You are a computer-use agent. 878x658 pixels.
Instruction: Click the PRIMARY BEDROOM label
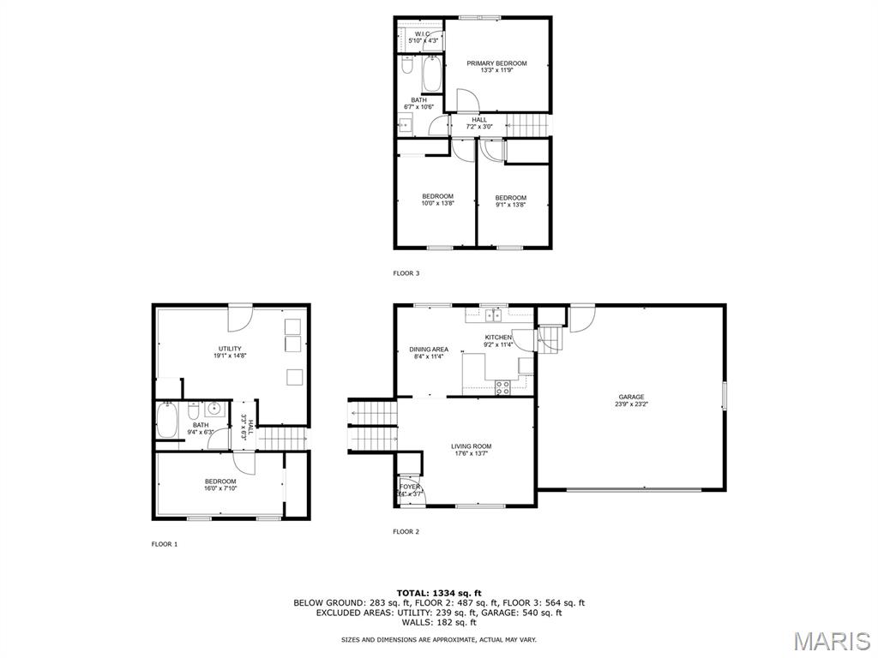tap(496, 63)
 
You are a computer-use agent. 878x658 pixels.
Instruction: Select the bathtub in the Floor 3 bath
tap(431, 75)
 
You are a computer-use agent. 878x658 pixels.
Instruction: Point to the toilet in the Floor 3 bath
tap(408, 67)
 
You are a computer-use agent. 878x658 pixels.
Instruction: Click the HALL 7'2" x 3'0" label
tap(479, 123)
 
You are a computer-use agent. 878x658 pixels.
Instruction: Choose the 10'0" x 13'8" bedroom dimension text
tap(437, 204)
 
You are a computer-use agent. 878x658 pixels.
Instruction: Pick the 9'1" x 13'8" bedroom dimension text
tap(510, 205)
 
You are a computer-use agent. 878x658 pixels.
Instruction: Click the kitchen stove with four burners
tap(503, 387)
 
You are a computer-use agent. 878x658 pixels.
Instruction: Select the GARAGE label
tap(631, 397)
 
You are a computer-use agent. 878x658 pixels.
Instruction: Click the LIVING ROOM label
tap(472, 446)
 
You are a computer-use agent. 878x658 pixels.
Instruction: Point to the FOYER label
tap(410, 487)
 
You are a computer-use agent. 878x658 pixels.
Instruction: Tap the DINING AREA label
tap(429, 350)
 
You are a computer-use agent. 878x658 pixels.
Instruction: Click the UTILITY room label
tap(229, 349)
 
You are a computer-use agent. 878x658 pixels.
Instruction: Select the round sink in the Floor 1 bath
tap(214, 409)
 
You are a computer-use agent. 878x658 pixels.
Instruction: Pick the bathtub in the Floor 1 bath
tap(167, 421)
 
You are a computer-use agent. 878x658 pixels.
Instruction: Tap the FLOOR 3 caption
tap(406, 273)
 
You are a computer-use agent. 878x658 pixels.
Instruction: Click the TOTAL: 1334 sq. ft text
tap(439, 593)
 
